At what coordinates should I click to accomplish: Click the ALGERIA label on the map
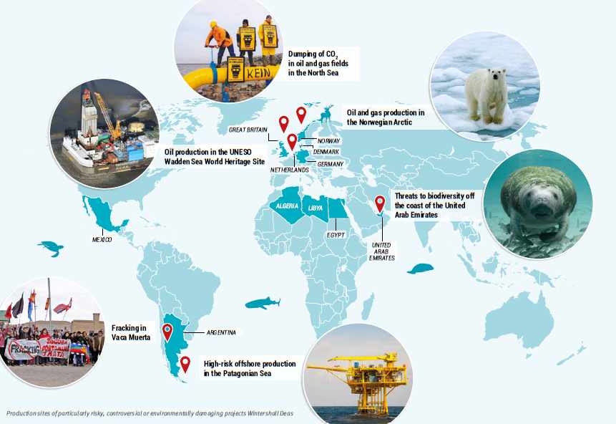[x=285, y=206]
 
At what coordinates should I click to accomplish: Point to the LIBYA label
[x=315, y=207]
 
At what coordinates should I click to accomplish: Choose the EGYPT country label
[x=336, y=235]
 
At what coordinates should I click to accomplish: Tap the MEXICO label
[x=102, y=239]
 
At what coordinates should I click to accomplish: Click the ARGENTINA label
[x=221, y=332]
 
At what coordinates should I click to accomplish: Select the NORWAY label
[x=328, y=141]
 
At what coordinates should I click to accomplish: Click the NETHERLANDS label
[x=289, y=170]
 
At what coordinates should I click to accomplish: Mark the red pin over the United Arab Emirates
[x=380, y=203]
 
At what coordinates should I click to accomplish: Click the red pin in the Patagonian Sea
[x=185, y=363]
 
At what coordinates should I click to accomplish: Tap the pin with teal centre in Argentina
[x=167, y=331]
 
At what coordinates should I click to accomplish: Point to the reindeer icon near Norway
[x=326, y=115]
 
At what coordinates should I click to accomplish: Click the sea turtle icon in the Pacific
[x=52, y=249]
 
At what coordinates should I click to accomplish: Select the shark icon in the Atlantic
[x=263, y=303]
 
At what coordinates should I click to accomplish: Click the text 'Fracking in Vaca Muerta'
[x=131, y=332]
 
